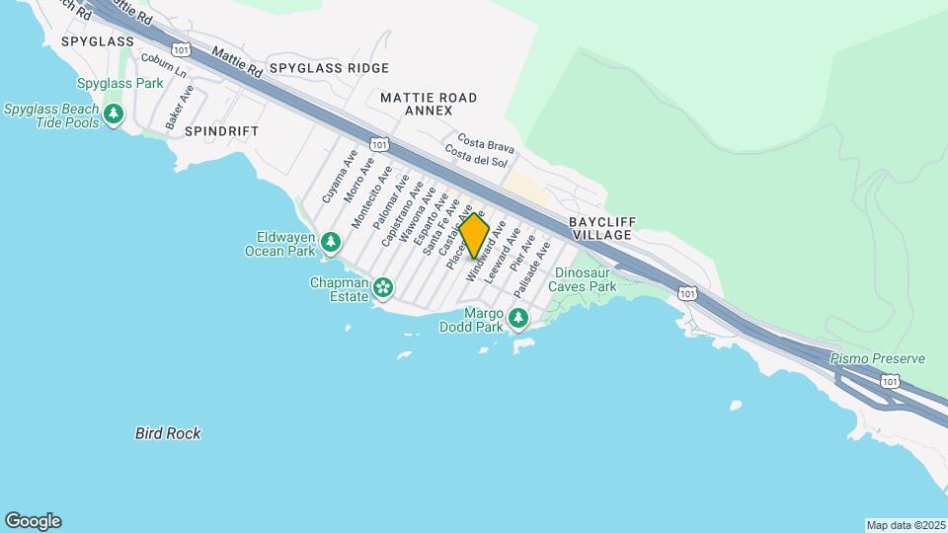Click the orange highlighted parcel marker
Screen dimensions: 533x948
tap(475, 237)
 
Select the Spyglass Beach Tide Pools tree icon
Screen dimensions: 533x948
tap(115, 114)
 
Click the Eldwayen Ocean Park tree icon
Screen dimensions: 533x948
tap(331, 241)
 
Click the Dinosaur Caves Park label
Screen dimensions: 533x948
tap(586, 279)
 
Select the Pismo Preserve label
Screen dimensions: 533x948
tap(877, 358)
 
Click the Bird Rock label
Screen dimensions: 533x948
tap(168, 433)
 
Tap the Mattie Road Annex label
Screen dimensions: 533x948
tap(428, 104)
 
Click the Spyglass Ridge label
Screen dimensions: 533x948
tap(329, 68)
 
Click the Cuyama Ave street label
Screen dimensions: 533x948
tap(337, 177)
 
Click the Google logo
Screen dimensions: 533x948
tap(33, 521)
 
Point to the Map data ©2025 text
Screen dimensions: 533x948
tap(905, 525)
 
